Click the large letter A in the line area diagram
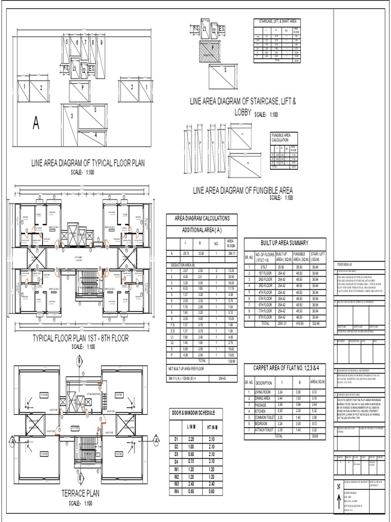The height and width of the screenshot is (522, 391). pyautogui.click(x=36, y=123)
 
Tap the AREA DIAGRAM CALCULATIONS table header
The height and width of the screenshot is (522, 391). pyautogui.click(x=202, y=218)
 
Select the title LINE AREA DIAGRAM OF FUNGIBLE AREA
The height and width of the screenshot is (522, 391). pyautogui.click(x=243, y=190)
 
